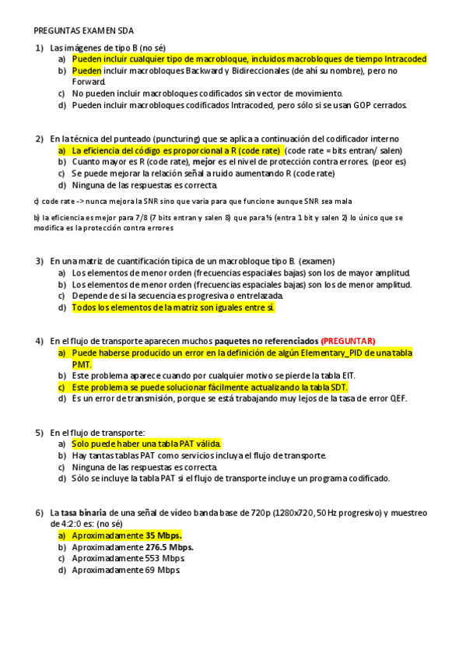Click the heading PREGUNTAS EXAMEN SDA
(84, 31)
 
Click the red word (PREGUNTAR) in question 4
(348, 341)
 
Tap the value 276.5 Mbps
(170, 547)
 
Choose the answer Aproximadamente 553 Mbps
(128, 559)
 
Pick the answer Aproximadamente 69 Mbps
(126, 570)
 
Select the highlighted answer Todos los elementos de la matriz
(173, 307)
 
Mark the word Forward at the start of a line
(88, 81)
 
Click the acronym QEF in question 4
(398, 398)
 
